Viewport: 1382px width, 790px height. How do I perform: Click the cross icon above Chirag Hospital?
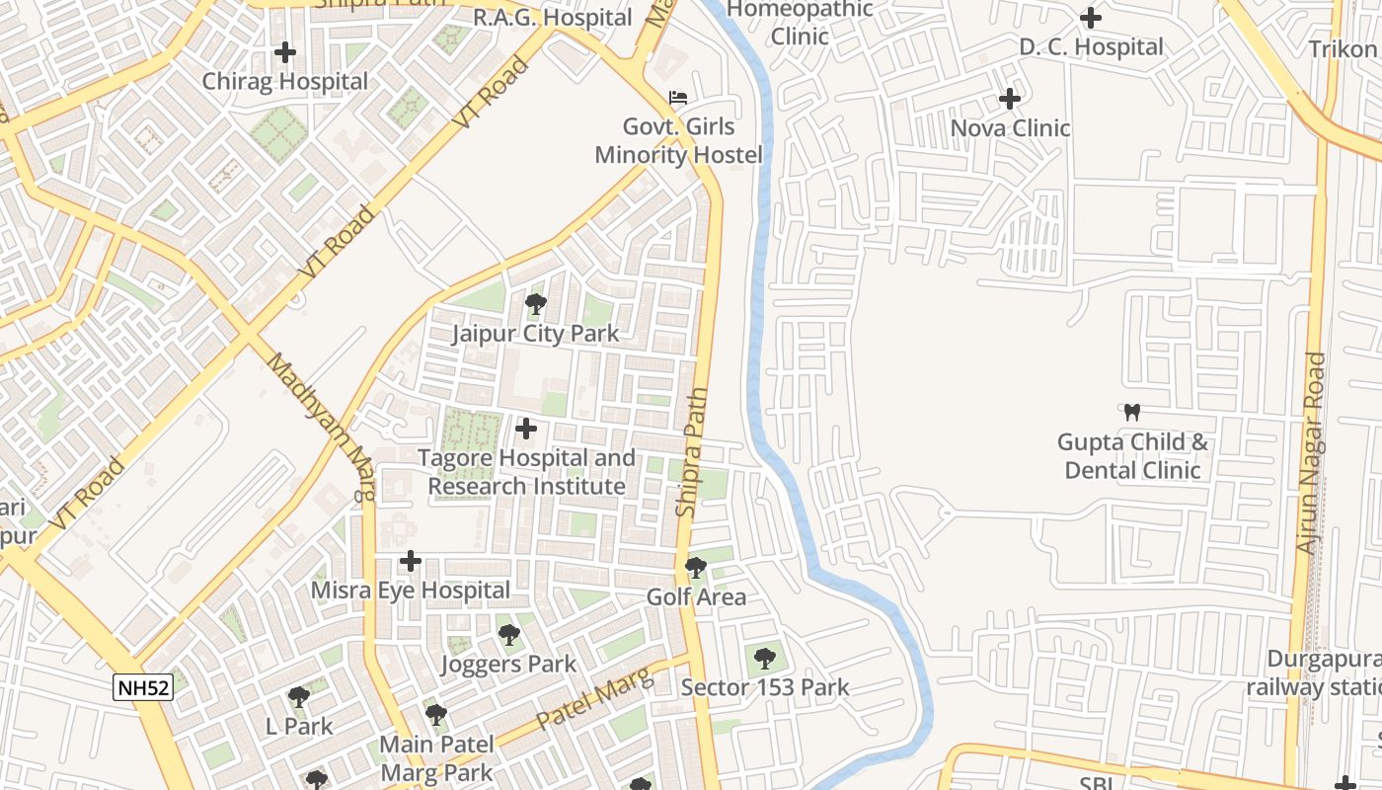285,51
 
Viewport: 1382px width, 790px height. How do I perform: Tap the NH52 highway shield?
143,688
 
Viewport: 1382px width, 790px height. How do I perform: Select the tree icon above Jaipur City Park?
536,304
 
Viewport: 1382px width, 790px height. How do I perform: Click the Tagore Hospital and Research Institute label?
527,472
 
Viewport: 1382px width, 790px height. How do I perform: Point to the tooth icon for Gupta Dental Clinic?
1132,412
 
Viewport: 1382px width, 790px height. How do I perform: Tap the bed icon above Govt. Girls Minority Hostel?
678,98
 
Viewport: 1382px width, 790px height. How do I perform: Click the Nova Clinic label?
1010,128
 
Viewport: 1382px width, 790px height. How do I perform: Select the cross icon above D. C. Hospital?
1091,18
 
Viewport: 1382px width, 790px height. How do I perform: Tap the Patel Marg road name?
595,699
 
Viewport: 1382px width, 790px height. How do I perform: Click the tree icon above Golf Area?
696,568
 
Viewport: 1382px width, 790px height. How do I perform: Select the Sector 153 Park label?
765,687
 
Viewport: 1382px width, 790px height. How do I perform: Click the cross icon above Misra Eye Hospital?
411,562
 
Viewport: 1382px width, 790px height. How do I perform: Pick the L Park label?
299,726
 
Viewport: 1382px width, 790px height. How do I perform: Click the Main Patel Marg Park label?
436,757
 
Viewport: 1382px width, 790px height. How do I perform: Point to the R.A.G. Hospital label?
553,18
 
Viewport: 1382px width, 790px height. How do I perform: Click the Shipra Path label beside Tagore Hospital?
692,452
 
